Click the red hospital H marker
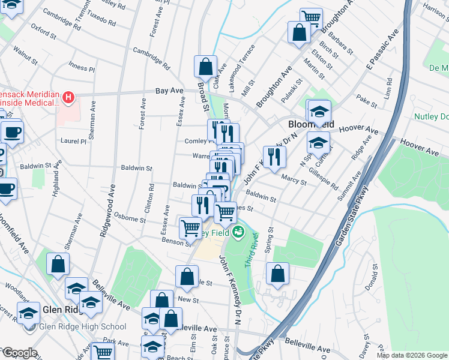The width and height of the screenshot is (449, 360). [69, 97]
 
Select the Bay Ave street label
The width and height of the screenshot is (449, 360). [169, 91]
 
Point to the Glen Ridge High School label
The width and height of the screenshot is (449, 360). [82, 326]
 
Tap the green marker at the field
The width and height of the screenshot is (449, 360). [240, 232]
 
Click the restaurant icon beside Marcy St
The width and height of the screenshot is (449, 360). [274, 157]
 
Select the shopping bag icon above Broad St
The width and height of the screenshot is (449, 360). [205, 66]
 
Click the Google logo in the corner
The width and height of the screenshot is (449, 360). [19, 353]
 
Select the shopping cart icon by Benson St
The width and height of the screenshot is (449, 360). [190, 227]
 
